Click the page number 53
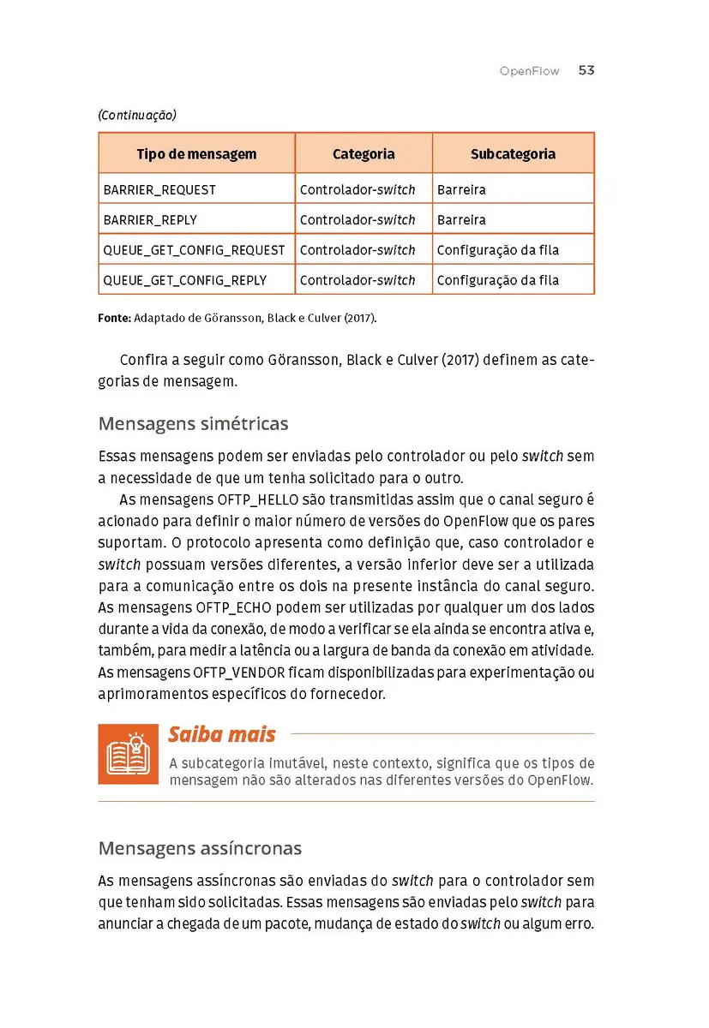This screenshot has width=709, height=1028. [x=586, y=71]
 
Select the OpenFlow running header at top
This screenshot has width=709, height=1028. [x=529, y=72]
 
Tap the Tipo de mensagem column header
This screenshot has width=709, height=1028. [x=196, y=154]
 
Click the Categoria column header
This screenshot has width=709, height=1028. [x=364, y=154]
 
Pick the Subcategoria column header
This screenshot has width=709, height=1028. [x=513, y=154]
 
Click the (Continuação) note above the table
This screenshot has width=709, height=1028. [x=137, y=115]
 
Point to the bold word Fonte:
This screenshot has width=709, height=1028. [x=114, y=318]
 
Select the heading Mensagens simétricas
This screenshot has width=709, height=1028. [x=193, y=424]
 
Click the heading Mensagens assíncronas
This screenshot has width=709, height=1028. [x=200, y=849]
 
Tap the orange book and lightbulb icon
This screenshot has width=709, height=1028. [x=128, y=754]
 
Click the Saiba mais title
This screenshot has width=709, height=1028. [x=221, y=735]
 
